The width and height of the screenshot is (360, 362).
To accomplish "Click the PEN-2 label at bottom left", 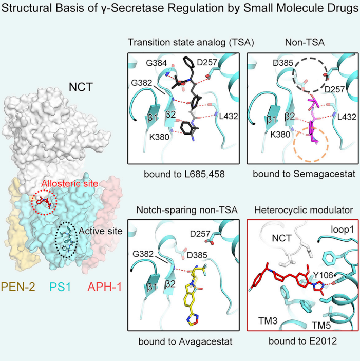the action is pos(18,287).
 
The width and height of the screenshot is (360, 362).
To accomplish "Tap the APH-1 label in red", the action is pos(105,287).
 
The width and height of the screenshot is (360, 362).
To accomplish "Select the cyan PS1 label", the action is pos(61,287).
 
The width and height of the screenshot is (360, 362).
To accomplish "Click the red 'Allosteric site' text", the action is pos(70,183).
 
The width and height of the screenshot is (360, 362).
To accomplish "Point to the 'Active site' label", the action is pos(101,231).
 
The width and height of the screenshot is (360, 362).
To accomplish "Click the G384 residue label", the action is pos(156,63).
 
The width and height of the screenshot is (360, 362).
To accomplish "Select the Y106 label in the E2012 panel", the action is pos(323,275).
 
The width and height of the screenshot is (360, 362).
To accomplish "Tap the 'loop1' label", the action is pos(343,230).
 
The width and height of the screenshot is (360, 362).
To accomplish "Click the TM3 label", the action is pos(268,320).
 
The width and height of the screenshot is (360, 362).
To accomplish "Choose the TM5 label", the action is pos(321,325).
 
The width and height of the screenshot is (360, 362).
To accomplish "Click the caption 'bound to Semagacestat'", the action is pos(304,174).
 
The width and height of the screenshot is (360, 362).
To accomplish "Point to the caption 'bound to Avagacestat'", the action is pos(185,341).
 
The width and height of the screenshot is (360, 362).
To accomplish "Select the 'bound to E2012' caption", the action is pos(302,341).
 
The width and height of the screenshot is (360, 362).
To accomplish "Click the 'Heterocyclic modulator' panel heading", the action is pos(304,210).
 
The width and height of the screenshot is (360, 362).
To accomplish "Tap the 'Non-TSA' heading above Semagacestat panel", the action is pos(305,42).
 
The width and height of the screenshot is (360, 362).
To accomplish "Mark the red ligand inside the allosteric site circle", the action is pos(44,202).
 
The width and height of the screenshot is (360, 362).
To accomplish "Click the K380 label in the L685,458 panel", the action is pos(159,137).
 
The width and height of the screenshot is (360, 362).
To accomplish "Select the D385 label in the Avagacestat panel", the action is pos(197,255).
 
